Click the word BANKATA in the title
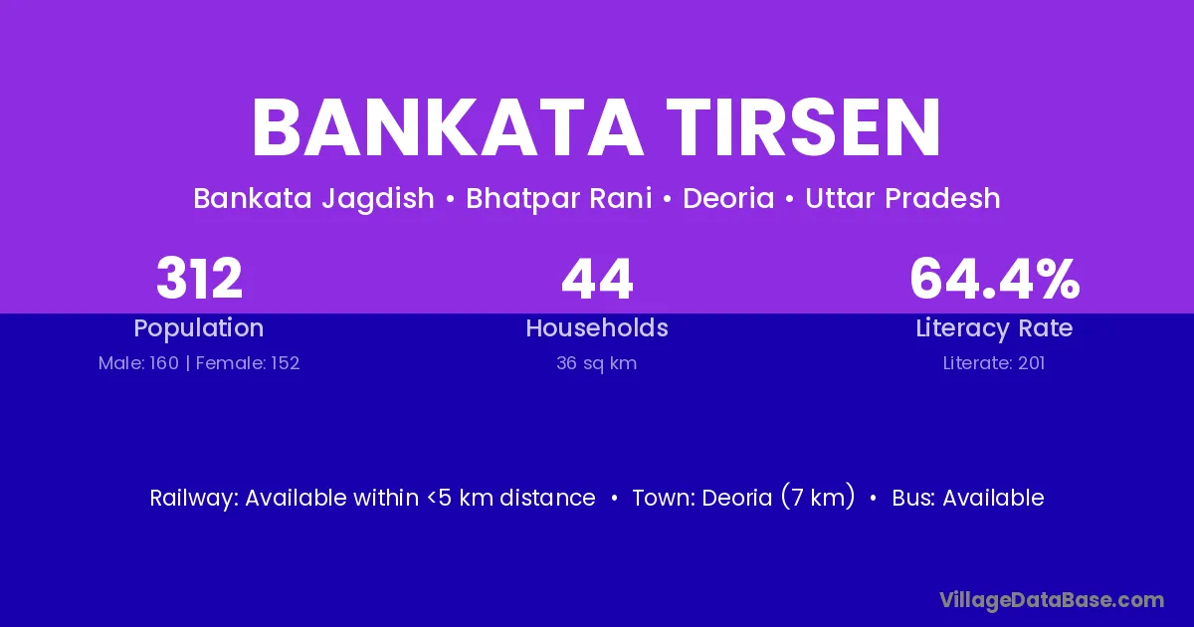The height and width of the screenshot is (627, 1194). [448, 127]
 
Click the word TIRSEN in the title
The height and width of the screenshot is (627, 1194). [804, 127]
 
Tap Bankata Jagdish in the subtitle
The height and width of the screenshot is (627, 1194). [314, 199]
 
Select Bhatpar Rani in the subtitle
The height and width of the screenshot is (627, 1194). [558, 199]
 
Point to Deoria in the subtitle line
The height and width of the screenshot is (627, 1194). [728, 198]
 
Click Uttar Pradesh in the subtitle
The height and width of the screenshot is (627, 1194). [902, 198]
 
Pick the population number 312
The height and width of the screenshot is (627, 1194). [199, 279]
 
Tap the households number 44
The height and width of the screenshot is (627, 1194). [597, 279]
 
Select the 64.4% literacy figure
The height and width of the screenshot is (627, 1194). [995, 279]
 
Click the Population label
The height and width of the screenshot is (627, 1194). [199, 328]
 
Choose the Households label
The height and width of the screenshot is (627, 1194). [597, 327]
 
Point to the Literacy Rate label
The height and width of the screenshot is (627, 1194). [994, 328]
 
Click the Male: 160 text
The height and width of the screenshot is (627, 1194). [138, 363]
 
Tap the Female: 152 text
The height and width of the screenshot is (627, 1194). [248, 363]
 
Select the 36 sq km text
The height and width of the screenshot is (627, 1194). [596, 363]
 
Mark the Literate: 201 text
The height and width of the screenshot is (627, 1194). [994, 363]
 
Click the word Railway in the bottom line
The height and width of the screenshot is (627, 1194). [193, 498]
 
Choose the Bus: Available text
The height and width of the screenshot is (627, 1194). [968, 498]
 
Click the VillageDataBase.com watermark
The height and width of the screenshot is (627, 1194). [1052, 600]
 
